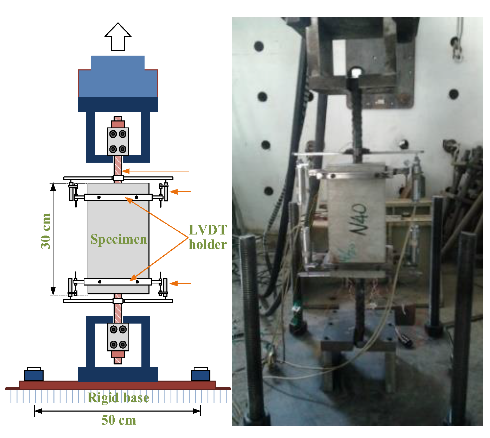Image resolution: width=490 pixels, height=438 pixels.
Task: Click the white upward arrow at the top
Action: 118,37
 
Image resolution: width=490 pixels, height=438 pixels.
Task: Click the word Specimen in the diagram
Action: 119,239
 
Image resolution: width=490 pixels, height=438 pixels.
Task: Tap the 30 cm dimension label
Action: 46,231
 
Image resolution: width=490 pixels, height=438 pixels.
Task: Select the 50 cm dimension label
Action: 119,420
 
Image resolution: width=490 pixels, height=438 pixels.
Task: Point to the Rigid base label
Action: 118,398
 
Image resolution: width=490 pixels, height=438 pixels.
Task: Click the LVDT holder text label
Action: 208,237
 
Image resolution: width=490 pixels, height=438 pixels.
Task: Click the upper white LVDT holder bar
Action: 118,197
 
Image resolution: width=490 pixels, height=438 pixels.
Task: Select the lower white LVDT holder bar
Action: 118,282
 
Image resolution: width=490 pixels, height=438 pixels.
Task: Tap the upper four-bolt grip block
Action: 118,141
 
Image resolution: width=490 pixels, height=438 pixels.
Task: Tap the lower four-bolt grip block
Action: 118,337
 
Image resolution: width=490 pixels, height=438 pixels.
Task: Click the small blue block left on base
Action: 34,375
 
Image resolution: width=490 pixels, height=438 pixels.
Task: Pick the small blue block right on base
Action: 201,375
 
